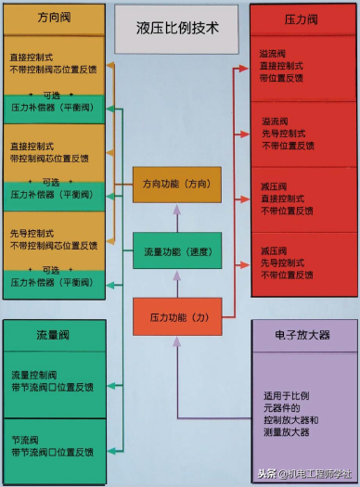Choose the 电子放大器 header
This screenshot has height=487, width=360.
coord(302,334)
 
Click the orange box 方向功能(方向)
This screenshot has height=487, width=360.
coord(176,185)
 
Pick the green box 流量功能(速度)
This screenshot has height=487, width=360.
coord(176,251)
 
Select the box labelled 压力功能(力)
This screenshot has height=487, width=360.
coord(176,316)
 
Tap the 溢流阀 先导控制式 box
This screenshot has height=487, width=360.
coord(303,134)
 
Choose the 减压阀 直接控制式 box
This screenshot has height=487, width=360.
coord(303,199)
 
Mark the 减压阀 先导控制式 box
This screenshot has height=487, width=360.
coord(303,263)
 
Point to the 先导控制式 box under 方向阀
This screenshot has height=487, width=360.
coord(53,239)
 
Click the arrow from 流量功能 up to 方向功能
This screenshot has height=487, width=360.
coord(177,218)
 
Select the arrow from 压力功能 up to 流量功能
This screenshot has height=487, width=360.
coord(177,283)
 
